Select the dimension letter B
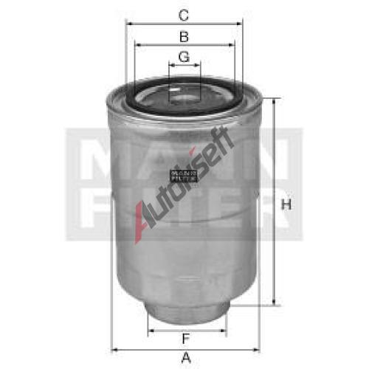click(x=184, y=35)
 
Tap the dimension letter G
click(x=184, y=56)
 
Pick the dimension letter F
click(x=184, y=318)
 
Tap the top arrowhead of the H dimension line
click(x=275, y=101)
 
